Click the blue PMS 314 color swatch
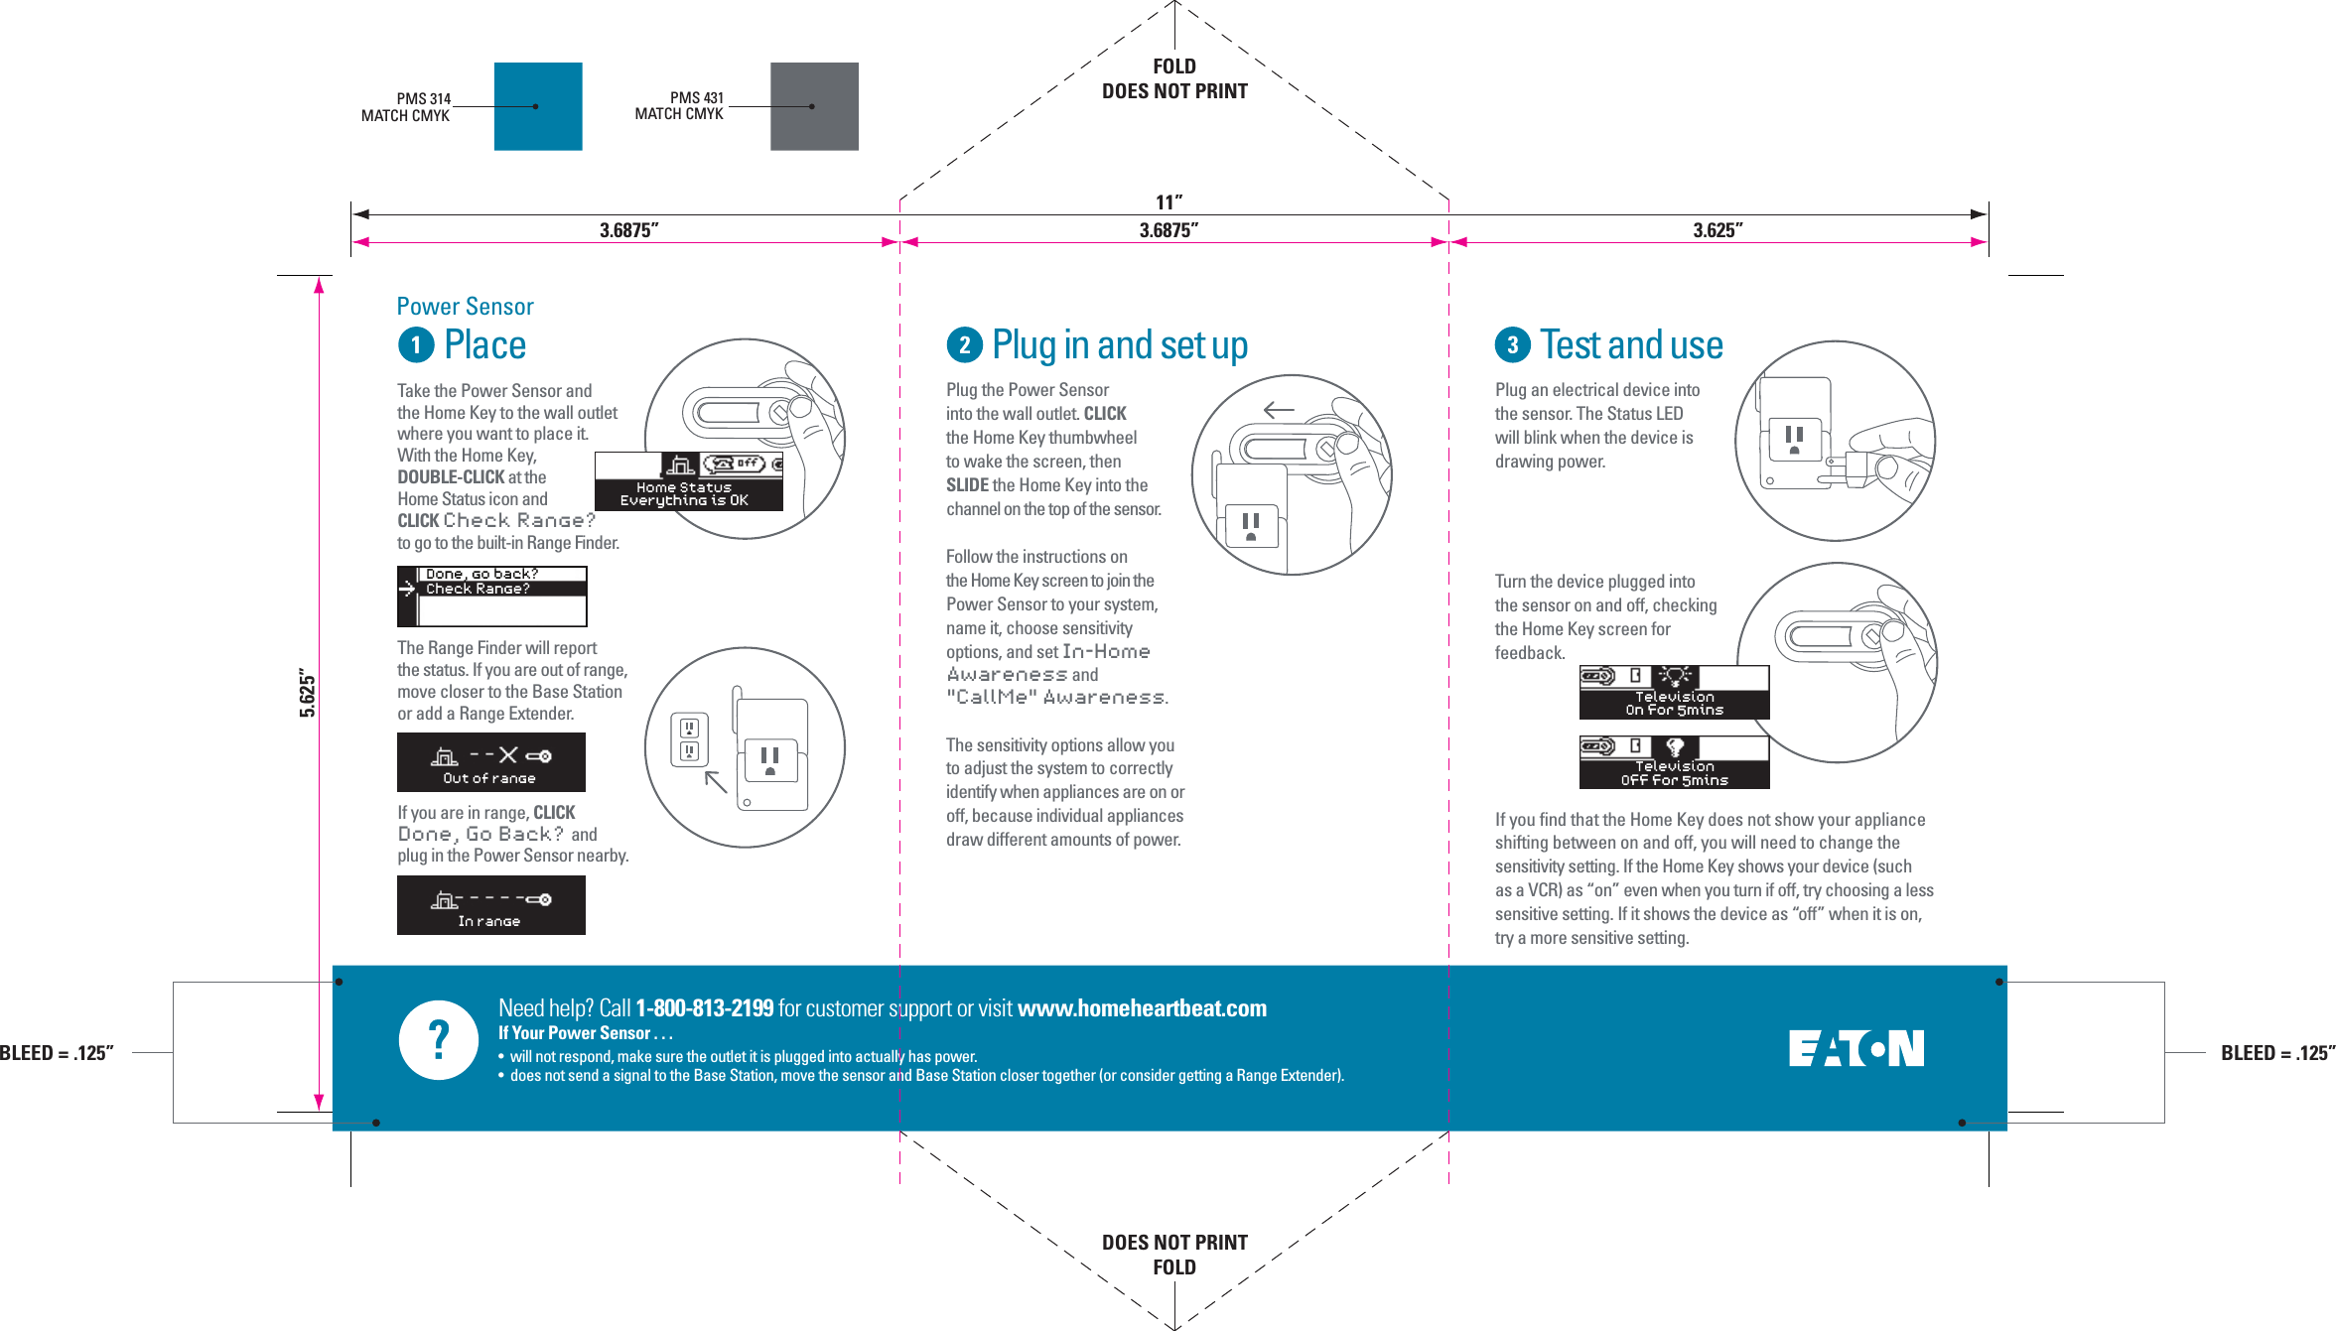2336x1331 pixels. click(x=537, y=106)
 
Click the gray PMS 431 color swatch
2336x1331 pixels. click(x=814, y=106)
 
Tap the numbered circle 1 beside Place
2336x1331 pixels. click(x=416, y=345)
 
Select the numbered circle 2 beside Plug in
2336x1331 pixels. click(x=964, y=345)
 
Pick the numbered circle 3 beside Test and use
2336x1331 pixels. click(x=1512, y=345)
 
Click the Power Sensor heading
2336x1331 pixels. click(x=465, y=307)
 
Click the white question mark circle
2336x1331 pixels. click(x=439, y=1039)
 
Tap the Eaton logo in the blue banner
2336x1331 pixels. click(x=1855, y=1048)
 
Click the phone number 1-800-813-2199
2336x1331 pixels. click(x=704, y=1008)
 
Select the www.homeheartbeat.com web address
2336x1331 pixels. click(x=1142, y=1008)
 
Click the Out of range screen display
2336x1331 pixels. click(x=490, y=762)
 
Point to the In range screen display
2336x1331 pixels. click(x=490, y=905)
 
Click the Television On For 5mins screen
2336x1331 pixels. click(x=1674, y=693)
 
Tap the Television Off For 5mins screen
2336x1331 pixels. click(x=1674, y=762)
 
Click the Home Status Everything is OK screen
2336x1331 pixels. click(x=687, y=482)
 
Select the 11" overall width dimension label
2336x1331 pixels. click(x=1168, y=202)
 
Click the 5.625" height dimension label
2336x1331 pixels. click(x=308, y=695)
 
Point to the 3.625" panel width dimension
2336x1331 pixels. click(x=1718, y=230)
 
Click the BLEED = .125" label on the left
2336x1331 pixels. click(x=57, y=1053)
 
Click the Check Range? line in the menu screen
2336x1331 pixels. click(x=478, y=589)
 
